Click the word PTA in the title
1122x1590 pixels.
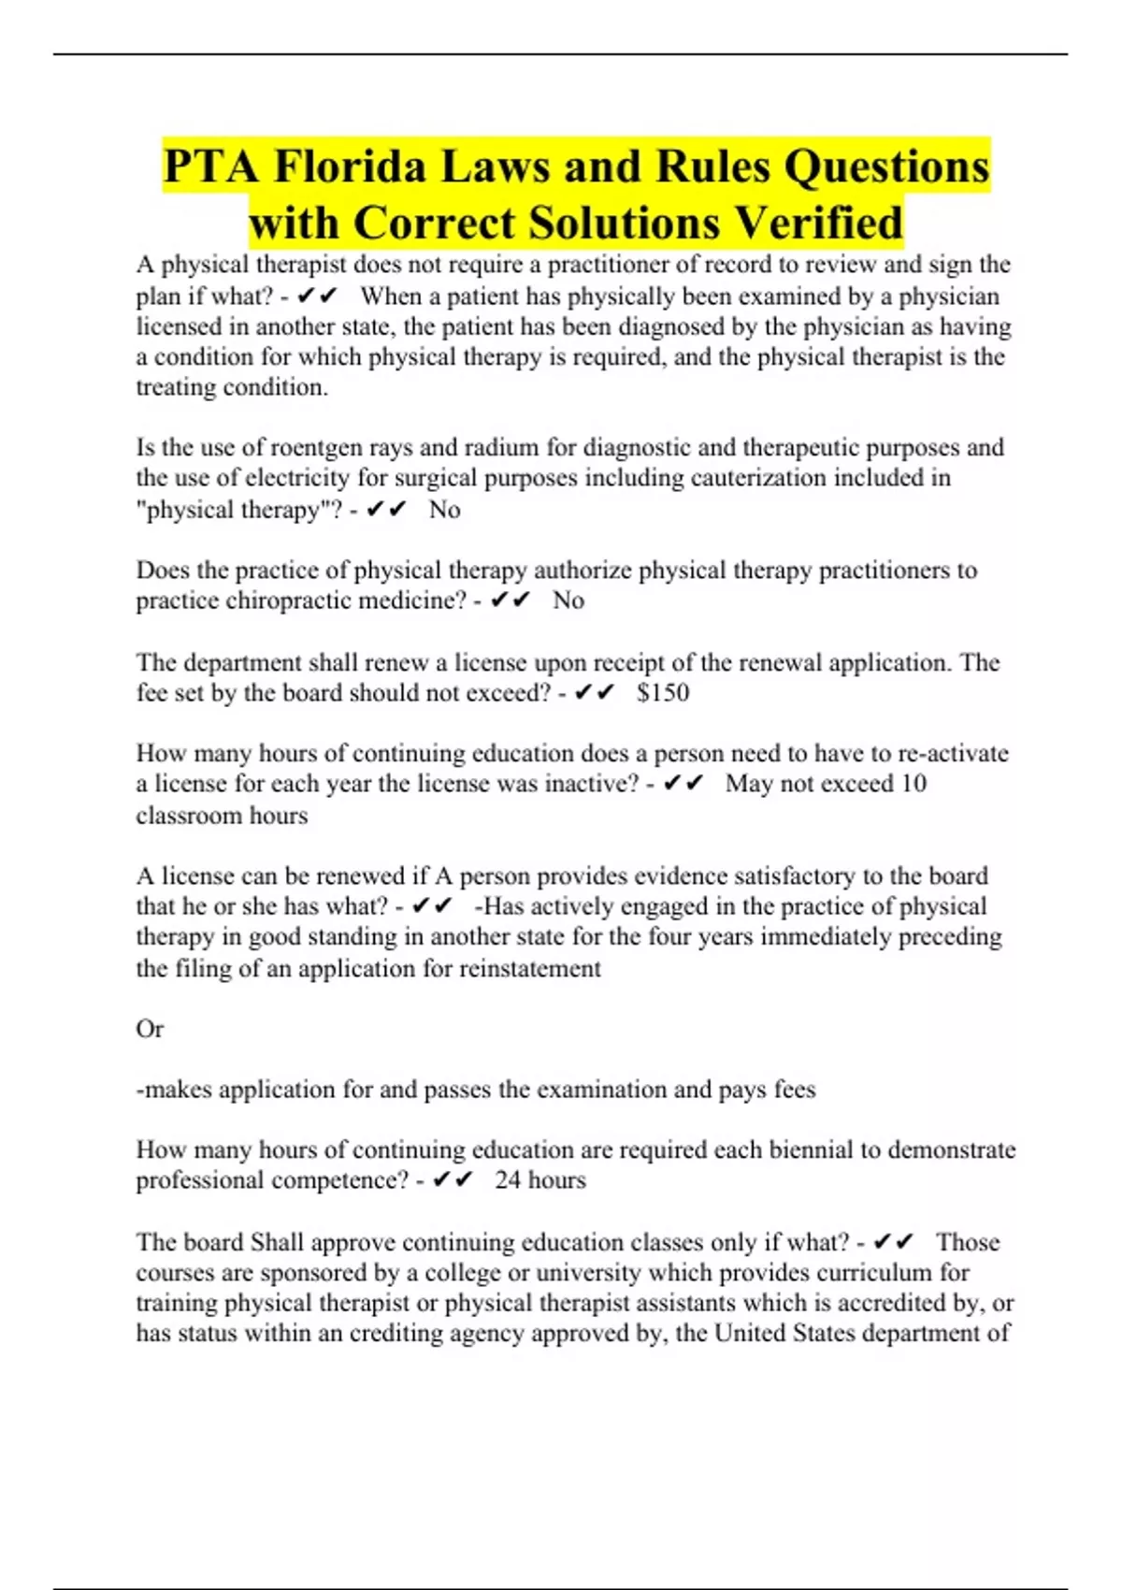coord(211,167)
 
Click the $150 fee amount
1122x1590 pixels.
coord(663,693)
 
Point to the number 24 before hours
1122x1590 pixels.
coord(508,1180)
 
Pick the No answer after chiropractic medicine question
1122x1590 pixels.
coord(568,600)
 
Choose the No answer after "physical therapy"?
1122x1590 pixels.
coord(445,510)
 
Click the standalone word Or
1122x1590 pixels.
coord(150,1029)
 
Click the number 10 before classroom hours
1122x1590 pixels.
coord(913,784)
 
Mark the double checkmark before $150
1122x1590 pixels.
coord(594,693)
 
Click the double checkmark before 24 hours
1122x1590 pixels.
coord(453,1180)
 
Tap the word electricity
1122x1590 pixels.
coord(300,478)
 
